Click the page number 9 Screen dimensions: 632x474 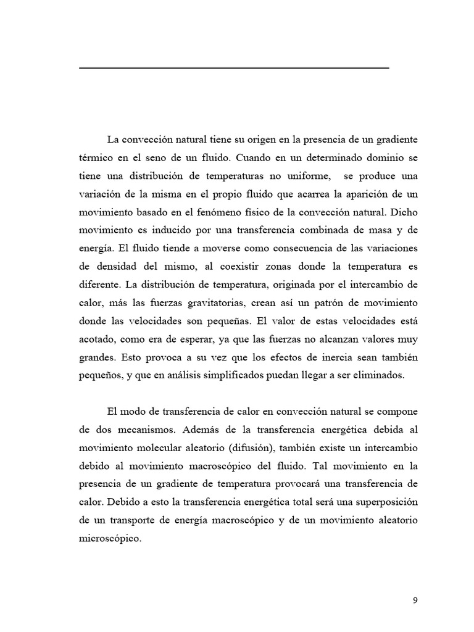[415, 601]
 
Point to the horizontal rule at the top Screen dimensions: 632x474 [234, 67]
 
